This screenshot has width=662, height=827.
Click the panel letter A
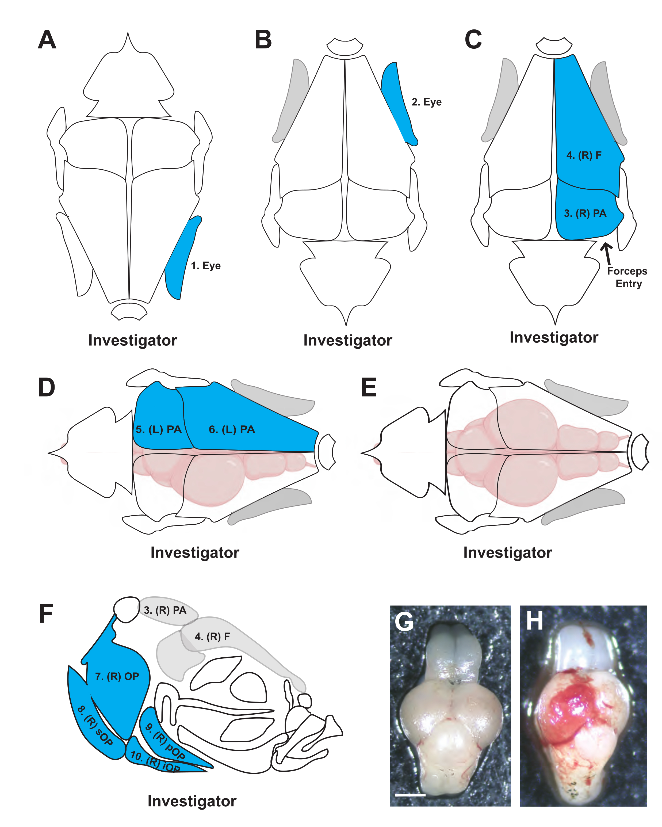(47, 40)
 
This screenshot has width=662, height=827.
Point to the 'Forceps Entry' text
(628, 277)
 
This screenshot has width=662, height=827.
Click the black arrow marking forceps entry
(607, 252)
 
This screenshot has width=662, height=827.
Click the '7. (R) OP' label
(117, 676)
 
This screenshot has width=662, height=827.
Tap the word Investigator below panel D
(195, 553)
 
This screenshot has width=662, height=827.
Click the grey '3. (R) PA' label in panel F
(165, 610)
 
